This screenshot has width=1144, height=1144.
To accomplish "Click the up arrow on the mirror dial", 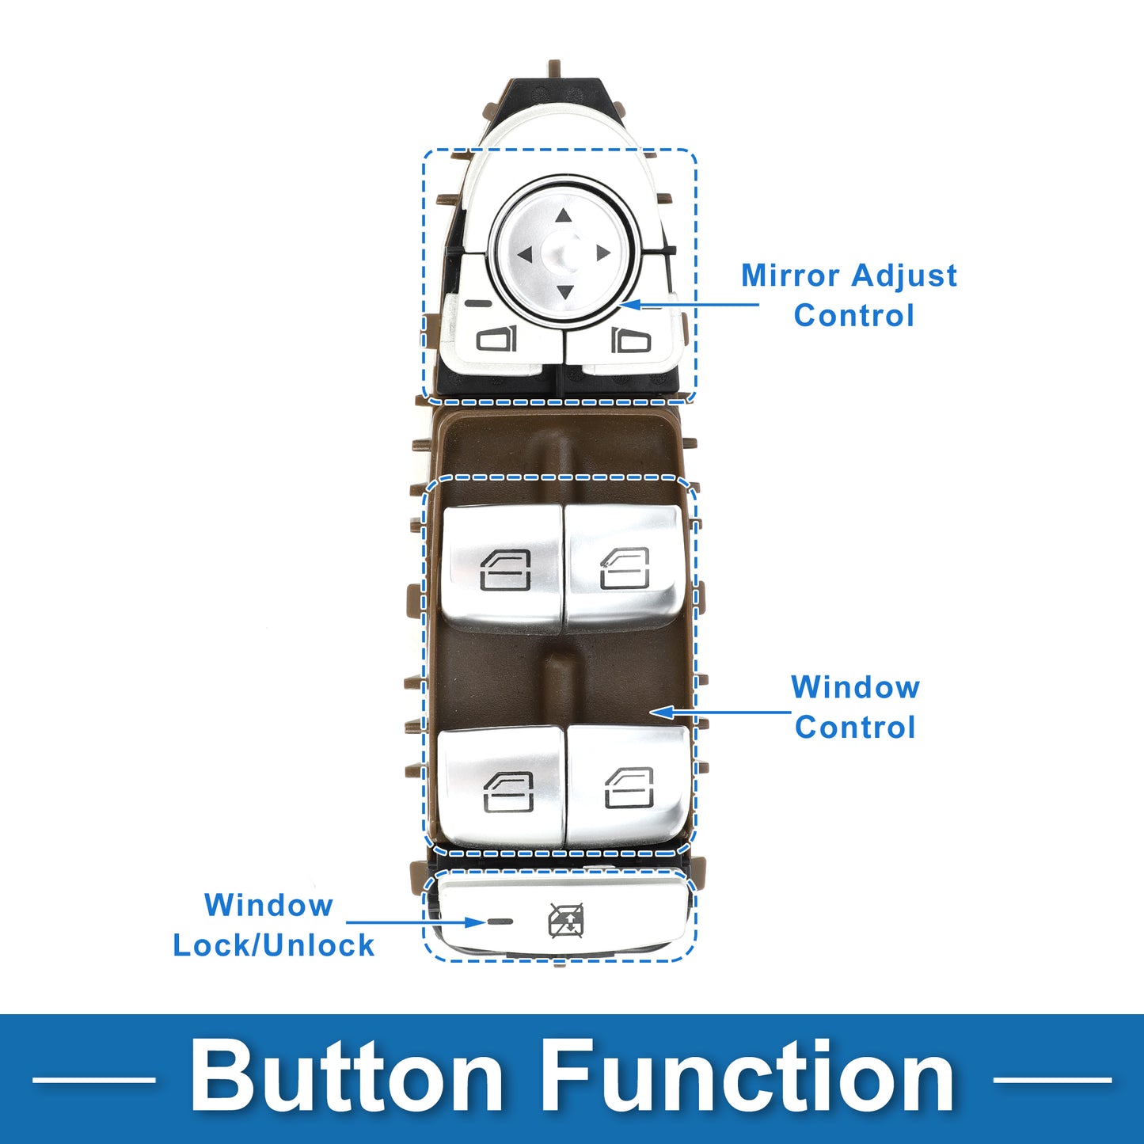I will (563, 215).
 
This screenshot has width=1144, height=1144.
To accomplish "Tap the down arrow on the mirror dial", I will (564, 291).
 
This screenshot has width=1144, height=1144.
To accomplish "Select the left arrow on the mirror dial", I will (524, 254).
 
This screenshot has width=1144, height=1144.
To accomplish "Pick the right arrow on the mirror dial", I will (602, 253).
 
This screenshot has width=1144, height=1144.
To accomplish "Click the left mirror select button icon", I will (496, 339).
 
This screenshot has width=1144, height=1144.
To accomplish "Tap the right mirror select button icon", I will (631, 340).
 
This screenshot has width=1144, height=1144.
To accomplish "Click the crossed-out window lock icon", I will (567, 920).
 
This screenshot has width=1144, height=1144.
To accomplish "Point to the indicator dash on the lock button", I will (500, 922).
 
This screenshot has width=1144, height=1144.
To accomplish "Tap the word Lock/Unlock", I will (274, 945).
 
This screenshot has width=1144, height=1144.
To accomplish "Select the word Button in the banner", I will (347, 1077).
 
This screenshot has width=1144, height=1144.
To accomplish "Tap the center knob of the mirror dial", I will (564, 251).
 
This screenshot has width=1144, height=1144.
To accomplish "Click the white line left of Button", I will (93, 1079).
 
